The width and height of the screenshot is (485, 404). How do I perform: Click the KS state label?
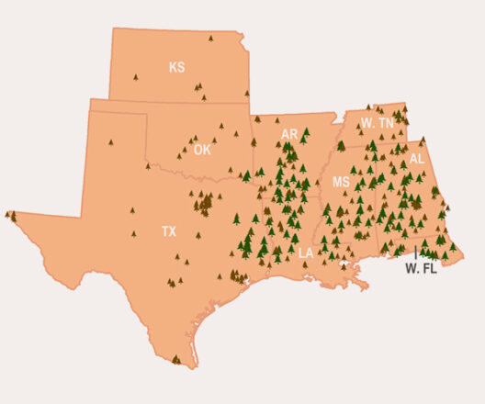[176, 67]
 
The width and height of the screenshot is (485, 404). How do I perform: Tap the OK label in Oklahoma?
[202, 149]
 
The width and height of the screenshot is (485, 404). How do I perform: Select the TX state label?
[169, 231]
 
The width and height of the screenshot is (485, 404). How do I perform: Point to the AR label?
[289, 134]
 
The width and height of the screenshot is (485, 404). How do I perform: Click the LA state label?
[306, 252]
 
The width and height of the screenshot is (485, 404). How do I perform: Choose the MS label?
[341, 182]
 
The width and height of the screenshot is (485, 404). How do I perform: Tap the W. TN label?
[378, 122]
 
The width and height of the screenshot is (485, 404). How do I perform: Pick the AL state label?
[417, 158]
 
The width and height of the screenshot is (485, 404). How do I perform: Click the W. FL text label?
[422, 269]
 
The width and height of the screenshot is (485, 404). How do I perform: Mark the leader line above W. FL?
[415, 251]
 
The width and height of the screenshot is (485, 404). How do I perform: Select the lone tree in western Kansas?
[135, 77]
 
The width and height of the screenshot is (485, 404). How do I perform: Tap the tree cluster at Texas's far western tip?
[11, 216]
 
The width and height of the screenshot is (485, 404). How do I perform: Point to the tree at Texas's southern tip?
[176, 358]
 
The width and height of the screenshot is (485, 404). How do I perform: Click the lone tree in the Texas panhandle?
[109, 141]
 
